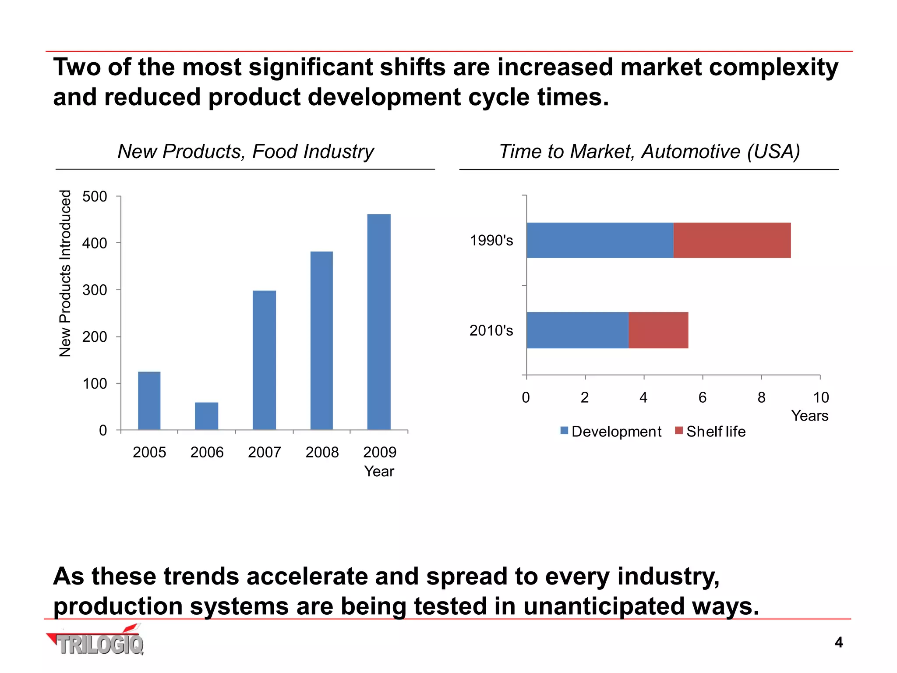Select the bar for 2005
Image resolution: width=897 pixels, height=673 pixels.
pos(149,400)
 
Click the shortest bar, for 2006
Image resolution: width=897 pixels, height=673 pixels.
pos(206,416)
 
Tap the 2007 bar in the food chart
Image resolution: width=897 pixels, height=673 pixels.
pos(264,360)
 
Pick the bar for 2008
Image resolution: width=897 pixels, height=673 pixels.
pos(321,340)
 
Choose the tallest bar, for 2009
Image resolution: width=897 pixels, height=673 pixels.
pos(379,322)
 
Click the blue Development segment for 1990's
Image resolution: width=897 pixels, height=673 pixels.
pos(600,240)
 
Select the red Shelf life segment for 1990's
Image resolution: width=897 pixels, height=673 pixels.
pos(732,240)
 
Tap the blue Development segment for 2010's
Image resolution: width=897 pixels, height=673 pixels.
pos(577,330)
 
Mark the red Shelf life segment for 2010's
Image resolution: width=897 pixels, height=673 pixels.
pos(658,330)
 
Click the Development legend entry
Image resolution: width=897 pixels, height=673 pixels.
pos(611,432)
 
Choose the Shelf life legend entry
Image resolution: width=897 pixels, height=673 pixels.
pos(710,432)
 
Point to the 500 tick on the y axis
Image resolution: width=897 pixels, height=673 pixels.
pos(95,196)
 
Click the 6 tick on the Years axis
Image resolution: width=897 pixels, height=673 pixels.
pos(703,397)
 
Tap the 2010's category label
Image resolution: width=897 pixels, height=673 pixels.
pos(491,330)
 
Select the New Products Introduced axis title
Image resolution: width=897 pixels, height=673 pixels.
pos(65,273)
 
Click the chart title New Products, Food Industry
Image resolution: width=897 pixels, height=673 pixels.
pos(246,152)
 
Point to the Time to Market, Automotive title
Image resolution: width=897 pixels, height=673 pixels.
pos(650,152)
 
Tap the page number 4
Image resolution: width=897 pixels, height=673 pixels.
pos(838,642)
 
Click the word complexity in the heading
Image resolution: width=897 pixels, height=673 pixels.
pos(773,67)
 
